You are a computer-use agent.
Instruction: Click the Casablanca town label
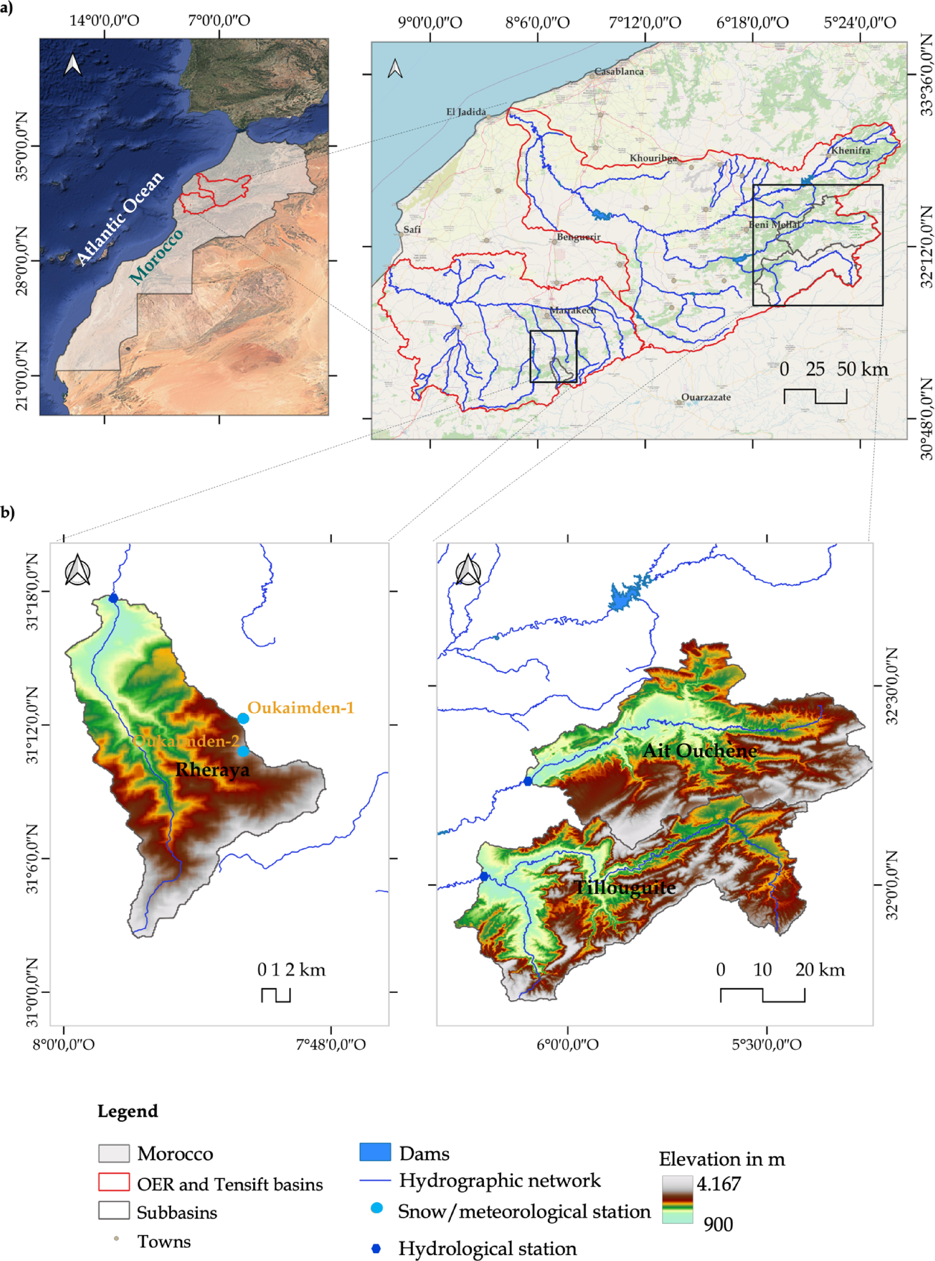[x=618, y=72]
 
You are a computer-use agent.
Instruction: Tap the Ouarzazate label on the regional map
[x=706, y=397]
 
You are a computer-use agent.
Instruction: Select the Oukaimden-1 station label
[x=300, y=708]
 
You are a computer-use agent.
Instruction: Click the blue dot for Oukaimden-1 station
[x=243, y=718]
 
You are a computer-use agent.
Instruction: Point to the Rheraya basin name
[x=212, y=770]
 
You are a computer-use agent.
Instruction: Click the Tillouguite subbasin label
[x=625, y=887]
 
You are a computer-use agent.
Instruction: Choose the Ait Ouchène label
[x=700, y=751]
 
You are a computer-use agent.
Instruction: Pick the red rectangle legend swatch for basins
[x=114, y=1182]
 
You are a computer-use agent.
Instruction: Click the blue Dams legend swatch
[x=375, y=1152]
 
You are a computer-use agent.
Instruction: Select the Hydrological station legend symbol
[x=376, y=1248]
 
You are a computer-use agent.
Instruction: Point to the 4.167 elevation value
[x=718, y=1183]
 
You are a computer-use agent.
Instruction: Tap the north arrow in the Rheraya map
[x=78, y=570]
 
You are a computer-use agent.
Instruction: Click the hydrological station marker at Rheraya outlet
[x=113, y=598]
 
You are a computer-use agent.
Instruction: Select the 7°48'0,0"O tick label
[x=331, y=1044]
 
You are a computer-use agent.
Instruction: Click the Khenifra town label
[x=850, y=151]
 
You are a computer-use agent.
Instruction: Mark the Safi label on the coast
[x=412, y=229]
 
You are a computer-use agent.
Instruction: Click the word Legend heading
[x=127, y=1111]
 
